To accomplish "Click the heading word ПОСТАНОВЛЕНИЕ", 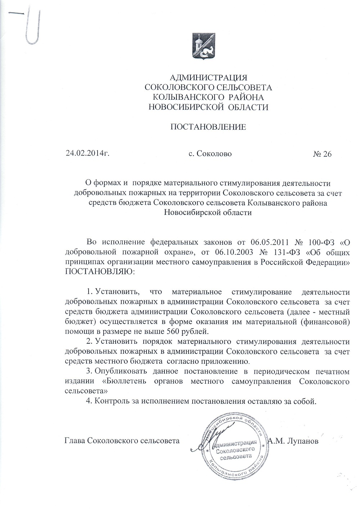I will pos(208,127).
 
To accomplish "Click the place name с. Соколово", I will pos(210,154).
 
